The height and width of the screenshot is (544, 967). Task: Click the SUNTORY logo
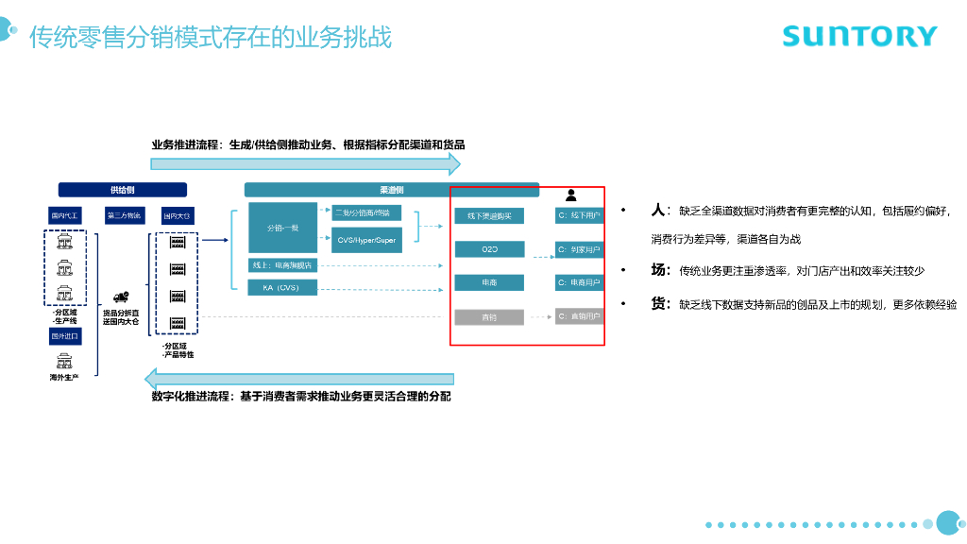point(859,36)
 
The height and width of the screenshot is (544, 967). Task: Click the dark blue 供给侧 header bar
point(123,190)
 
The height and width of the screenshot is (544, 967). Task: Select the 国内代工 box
point(66,216)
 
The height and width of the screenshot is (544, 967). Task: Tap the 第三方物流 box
point(124,216)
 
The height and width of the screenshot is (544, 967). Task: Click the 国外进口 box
point(66,336)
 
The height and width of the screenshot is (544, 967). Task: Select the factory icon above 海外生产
point(65,360)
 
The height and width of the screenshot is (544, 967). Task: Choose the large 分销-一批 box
point(283,228)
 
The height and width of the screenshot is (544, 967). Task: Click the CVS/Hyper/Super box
point(367,240)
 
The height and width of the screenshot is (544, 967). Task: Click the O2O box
point(489,249)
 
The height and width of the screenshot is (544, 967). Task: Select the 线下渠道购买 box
point(489,216)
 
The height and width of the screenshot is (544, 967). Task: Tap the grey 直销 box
point(489,317)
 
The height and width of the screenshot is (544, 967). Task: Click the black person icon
point(570,195)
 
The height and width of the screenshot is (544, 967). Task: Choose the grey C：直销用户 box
point(579,317)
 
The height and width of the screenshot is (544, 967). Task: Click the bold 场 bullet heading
point(659,270)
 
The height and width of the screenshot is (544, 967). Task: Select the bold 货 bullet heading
point(659,304)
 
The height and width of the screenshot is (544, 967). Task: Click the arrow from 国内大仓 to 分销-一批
point(215,240)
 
